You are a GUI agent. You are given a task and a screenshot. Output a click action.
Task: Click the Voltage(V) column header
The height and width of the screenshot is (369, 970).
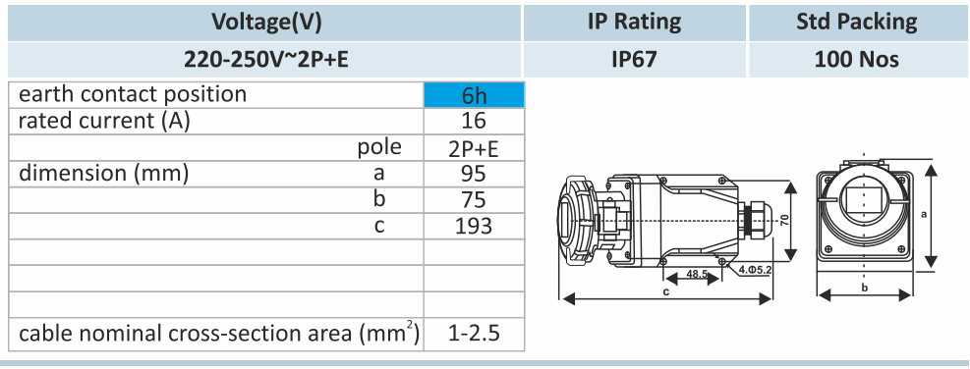tap(266, 23)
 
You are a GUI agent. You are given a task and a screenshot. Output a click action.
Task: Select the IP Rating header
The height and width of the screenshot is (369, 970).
tap(634, 23)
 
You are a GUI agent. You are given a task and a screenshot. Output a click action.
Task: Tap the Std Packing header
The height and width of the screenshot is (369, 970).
tap(857, 23)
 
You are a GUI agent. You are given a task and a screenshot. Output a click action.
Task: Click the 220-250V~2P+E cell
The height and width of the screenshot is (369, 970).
tap(266, 59)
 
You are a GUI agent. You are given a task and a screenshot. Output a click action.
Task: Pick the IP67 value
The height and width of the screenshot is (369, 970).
tap(634, 59)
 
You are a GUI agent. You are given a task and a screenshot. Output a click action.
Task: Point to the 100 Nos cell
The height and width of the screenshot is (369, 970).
tap(857, 59)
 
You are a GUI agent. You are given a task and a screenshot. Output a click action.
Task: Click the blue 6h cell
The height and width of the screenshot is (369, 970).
tap(474, 95)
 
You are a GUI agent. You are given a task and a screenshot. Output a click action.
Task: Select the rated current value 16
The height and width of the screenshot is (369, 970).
tap(474, 121)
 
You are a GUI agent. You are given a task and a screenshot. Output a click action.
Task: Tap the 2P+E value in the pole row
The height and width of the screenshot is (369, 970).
tap(474, 148)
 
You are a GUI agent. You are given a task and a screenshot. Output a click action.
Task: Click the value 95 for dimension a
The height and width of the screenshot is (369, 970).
tap(474, 175)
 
